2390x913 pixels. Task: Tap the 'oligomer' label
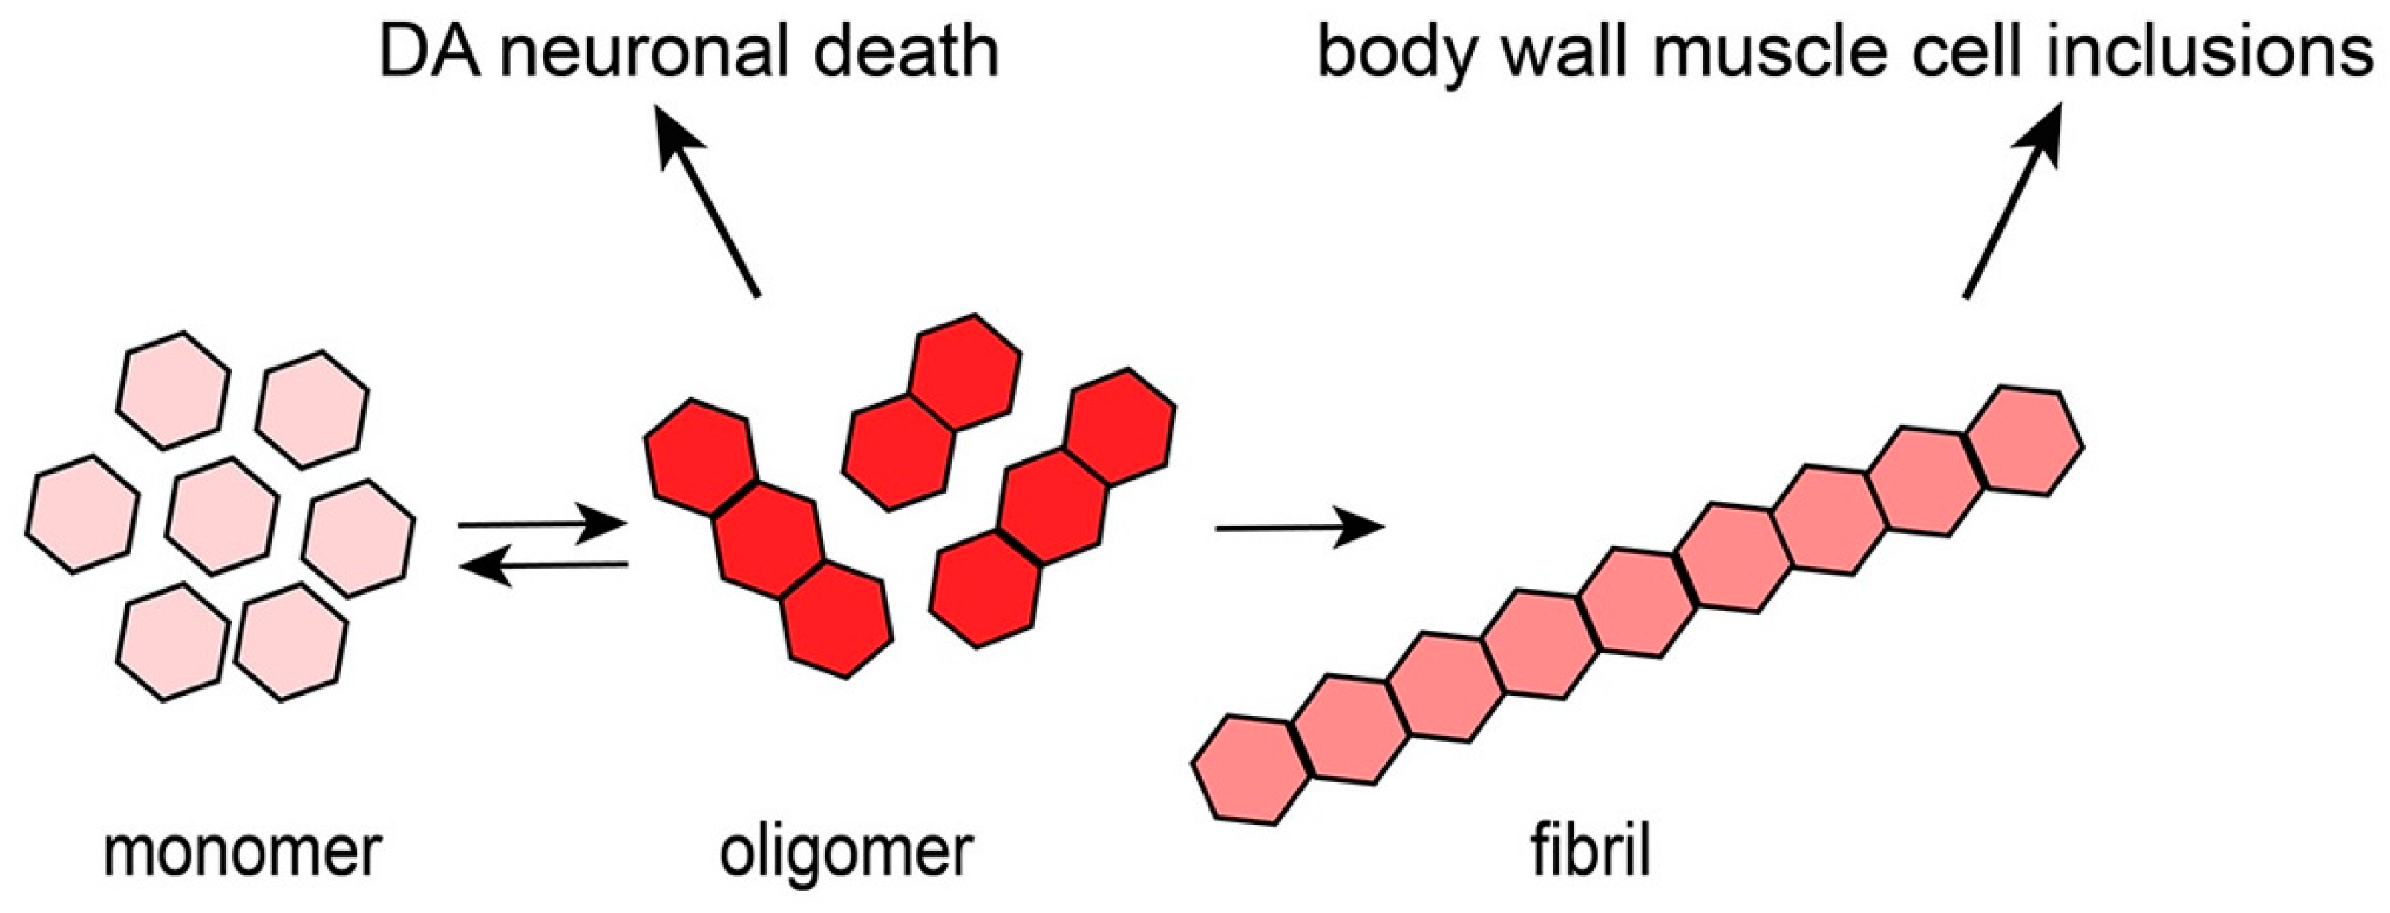point(845,854)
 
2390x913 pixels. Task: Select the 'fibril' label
point(1590,854)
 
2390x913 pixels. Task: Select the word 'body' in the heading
point(1395,53)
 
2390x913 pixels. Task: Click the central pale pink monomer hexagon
point(223,516)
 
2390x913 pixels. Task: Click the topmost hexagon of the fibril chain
point(2026,442)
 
